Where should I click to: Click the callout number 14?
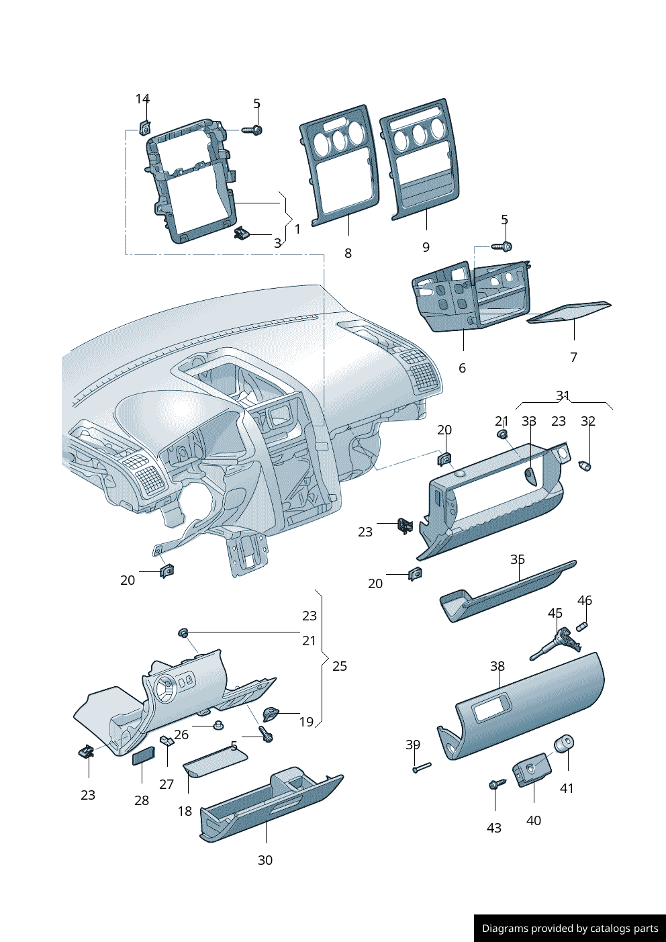pyautogui.click(x=142, y=99)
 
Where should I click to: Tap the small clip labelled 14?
pyautogui.click(x=144, y=127)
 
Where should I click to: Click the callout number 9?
pyautogui.click(x=426, y=247)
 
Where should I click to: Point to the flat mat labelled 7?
pyautogui.click(x=569, y=312)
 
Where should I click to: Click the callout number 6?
pyautogui.click(x=462, y=368)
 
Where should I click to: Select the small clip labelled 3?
pyautogui.click(x=242, y=234)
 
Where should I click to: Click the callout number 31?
pyautogui.click(x=563, y=395)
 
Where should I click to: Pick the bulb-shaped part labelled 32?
pyautogui.click(x=585, y=466)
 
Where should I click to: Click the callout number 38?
pyautogui.click(x=497, y=666)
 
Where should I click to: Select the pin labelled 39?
pyautogui.click(x=422, y=767)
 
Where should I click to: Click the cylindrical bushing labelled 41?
pyautogui.click(x=564, y=745)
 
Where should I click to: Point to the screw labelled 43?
pyautogui.click(x=496, y=784)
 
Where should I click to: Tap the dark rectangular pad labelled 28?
pyautogui.click(x=143, y=757)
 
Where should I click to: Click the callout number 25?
pyautogui.click(x=340, y=666)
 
